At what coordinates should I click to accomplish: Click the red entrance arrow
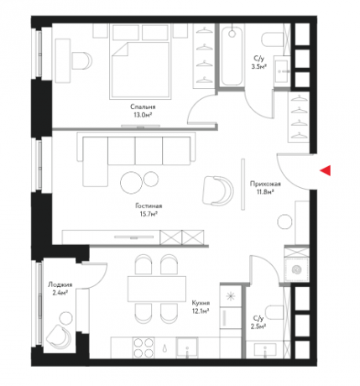(x=326, y=170)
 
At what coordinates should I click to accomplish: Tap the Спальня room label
(x=143, y=107)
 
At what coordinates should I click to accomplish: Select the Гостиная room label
(x=149, y=206)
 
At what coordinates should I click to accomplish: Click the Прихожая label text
(x=265, y=184)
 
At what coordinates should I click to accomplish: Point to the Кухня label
(x=201, y=303)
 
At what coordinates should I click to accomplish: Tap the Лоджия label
(x=60, y=284)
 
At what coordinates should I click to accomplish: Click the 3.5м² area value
(x=258, y=66)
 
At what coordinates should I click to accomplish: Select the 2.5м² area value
(x=258, y=326)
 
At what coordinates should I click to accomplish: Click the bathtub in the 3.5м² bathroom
(x=232, y=56)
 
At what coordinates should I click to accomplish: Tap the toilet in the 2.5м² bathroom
(x=274, y=313)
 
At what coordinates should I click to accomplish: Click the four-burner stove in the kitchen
(x=143, y=347)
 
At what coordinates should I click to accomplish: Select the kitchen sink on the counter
(x=187, y=347)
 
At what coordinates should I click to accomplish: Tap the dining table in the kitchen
(x=157, y=289)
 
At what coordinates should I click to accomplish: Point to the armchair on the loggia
(x=59, y=336)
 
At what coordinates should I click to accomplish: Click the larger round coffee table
(x=131, y=182)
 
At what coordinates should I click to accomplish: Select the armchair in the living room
(x=217, y=190)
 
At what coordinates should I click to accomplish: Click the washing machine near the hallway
(x=296, y=269)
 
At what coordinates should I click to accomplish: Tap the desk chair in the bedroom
(x=81, y=60)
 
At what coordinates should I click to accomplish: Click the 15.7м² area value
(x=149, y=214)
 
